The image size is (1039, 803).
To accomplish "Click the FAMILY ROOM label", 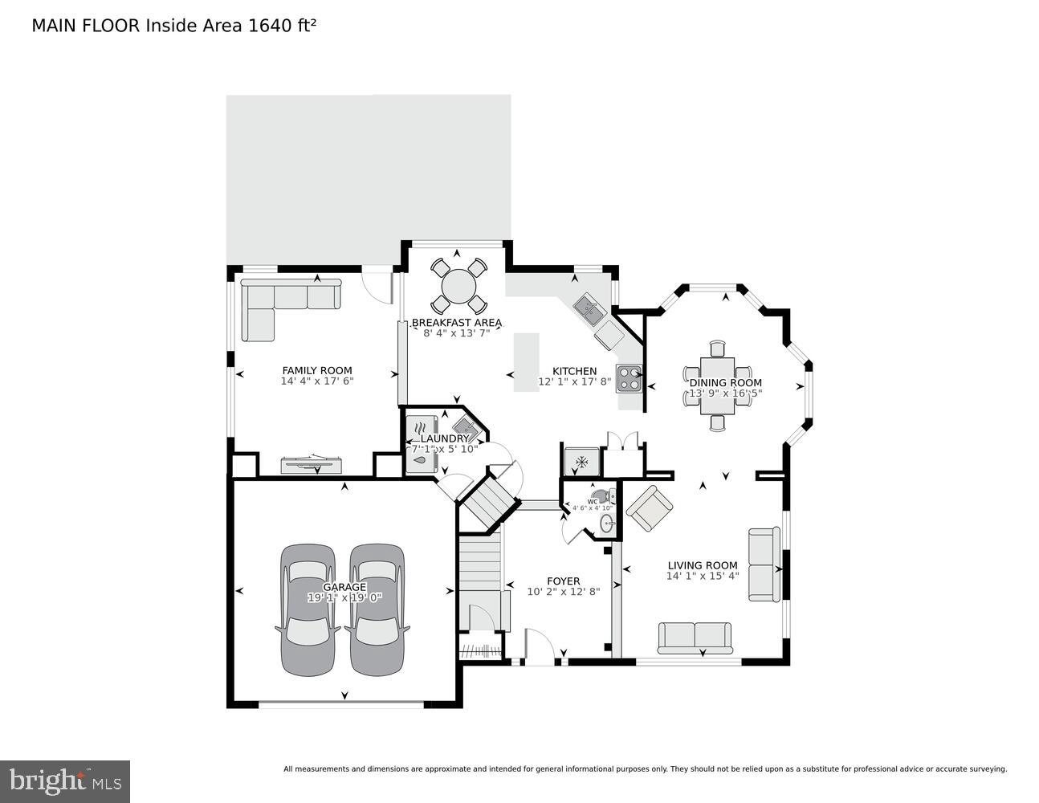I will [x=316, y=370].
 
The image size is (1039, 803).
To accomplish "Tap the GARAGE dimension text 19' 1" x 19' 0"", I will [x=344, y=598].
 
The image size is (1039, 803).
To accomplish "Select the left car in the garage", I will [x=308, y=610].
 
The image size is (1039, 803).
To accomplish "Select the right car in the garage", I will [x=377, y=610].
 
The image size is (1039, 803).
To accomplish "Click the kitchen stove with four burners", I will [x=628, y=377].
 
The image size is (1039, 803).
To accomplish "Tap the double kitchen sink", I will [x=589, y=309].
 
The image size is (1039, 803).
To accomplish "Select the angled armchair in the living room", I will [x=650, y=507].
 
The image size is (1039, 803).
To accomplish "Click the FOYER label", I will [x=563, y=581].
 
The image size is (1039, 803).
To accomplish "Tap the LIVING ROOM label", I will [x=702, y=565].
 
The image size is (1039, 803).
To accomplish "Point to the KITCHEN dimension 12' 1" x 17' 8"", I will [x=575, y=382].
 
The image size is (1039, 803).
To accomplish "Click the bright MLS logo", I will [x=65, y=781].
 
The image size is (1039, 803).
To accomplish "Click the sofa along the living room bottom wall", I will [x=695, y=637].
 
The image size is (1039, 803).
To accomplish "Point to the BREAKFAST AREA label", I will [x=456, y=323].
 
